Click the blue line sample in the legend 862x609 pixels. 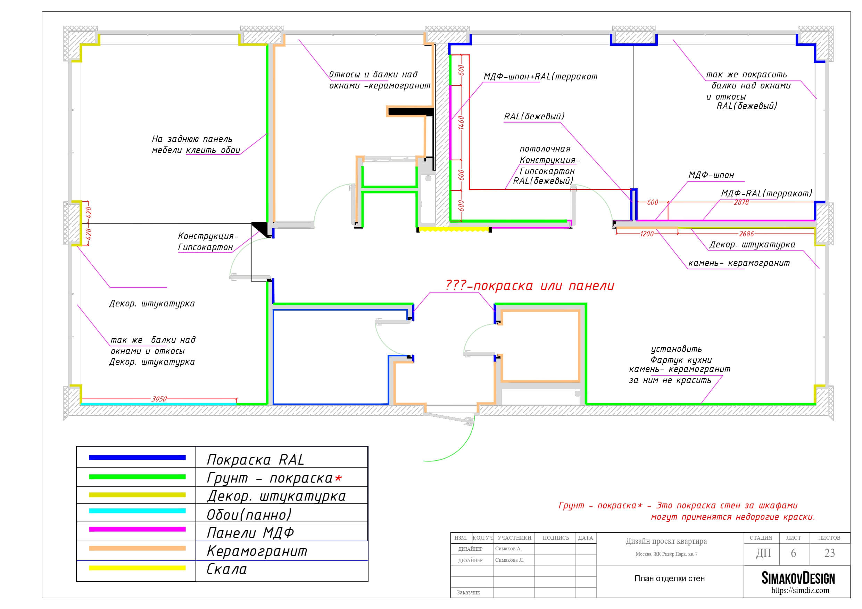click(137, 457)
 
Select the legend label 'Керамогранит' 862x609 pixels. click(257, 551)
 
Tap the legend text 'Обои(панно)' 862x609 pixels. click(249, 515)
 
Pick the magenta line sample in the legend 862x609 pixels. click(137, 529)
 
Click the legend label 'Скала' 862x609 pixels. click(227, 569)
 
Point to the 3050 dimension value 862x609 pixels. click(159, 399)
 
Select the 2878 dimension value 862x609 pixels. click(741, 202)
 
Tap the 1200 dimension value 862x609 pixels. click(647, 234)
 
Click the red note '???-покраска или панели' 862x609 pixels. click(530, 286)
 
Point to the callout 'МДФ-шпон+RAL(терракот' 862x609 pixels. click(540, 77)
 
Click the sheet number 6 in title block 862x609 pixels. click(793, 553)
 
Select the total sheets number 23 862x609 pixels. click(830, 553)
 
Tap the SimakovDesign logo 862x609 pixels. click(798, 578)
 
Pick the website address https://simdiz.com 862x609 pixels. click(800, 590)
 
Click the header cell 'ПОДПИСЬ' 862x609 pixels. click(556, 538)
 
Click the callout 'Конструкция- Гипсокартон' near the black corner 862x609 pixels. click(208, 242)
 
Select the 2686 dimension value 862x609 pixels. click(746, 234)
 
